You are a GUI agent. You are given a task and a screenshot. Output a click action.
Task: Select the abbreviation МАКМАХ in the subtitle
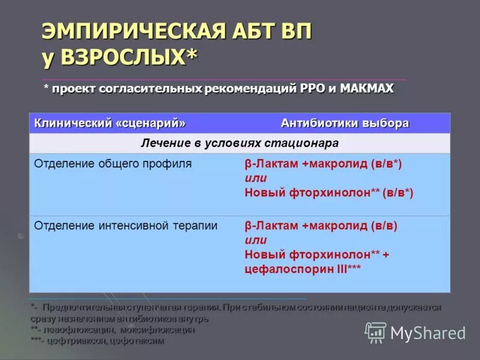367,89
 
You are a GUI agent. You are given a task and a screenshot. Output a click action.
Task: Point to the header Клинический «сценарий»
110,123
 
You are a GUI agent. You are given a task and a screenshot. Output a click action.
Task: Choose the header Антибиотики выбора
345,123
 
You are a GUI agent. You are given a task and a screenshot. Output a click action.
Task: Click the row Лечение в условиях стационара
240,143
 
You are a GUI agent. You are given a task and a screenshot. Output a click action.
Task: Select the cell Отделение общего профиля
113,163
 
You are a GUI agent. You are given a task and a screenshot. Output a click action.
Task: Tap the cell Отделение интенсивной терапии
125,226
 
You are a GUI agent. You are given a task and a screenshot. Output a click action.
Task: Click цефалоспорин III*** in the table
302,269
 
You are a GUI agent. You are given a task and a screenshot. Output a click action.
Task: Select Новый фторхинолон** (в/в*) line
329,193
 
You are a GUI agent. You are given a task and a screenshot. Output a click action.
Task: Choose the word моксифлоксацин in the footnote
157,330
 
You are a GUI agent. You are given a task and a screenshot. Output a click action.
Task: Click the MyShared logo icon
376,332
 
